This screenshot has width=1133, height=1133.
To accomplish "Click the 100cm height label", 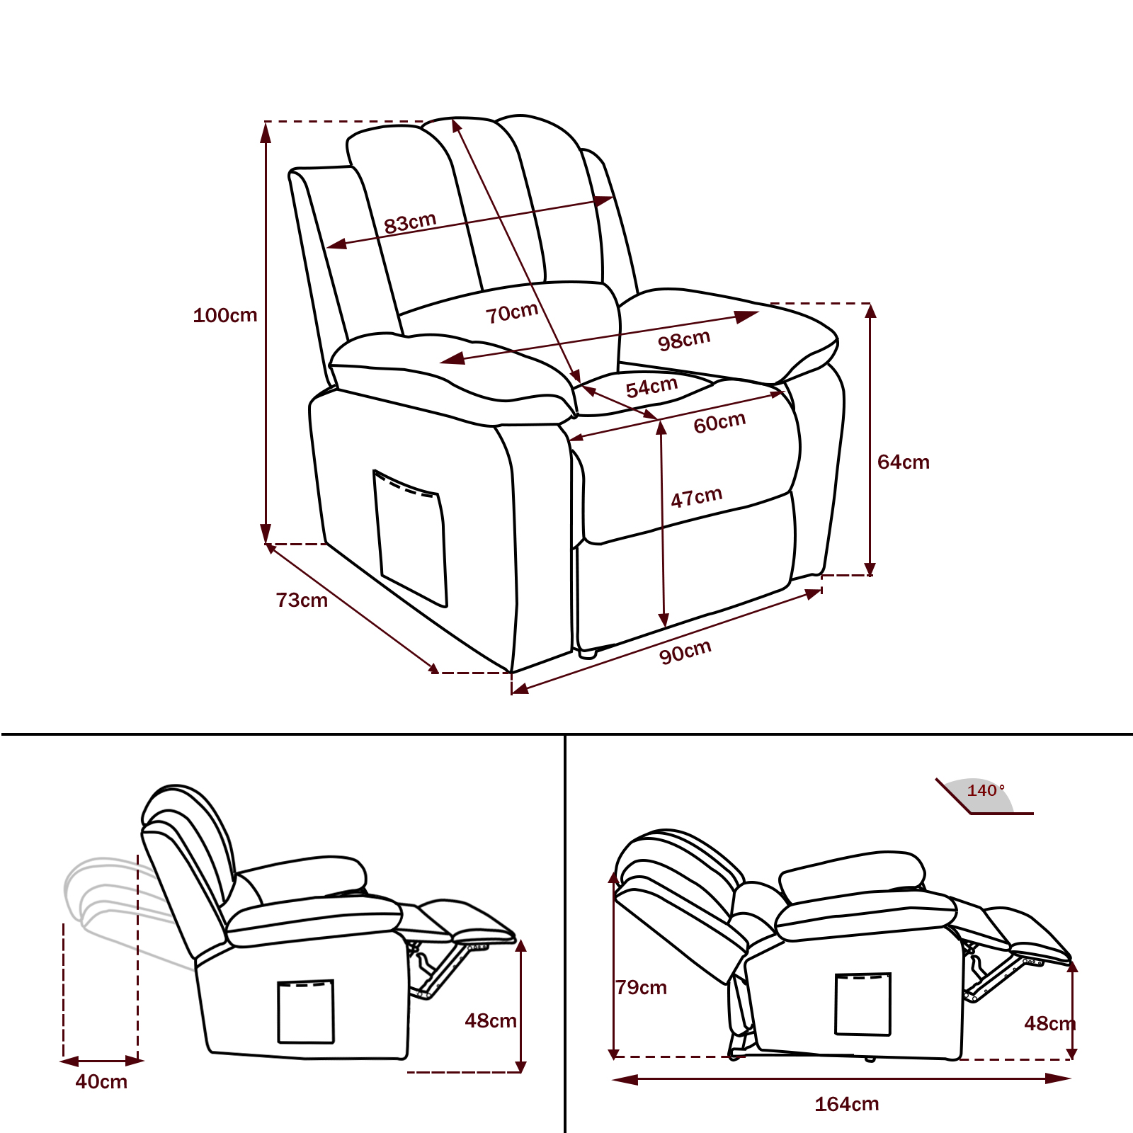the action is (x=225, y=315).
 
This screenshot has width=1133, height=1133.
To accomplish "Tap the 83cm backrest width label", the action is (x=410, y=222).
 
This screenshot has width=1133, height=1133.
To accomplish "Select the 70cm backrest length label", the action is (x=512, y=312).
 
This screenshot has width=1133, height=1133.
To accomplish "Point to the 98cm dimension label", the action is (x=684, y=340).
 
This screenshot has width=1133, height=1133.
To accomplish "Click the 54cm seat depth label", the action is (x=651, y=387).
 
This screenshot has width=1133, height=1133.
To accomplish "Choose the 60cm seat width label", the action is (x=719, y=423).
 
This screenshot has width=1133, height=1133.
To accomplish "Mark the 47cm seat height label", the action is (x=697, y=497).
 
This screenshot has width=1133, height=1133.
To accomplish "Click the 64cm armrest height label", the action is (x=904, y=462).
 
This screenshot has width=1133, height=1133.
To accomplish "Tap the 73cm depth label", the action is (x=302, y=600).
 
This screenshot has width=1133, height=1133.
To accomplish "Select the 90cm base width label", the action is (x=685, y=651).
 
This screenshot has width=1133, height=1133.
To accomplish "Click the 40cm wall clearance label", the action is (x=101, y=1082).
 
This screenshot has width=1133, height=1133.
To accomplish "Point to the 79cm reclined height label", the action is (x=641, y=987).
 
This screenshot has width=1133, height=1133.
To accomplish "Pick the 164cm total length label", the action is (x=847, y=1104).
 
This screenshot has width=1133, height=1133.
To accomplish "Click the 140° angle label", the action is (x=986, y=790).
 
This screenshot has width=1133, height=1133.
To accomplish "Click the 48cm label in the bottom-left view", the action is (x=491, y=1020).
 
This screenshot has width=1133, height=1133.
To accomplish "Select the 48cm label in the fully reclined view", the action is (x=1049, y=1023).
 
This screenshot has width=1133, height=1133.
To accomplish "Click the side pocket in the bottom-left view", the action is (x=306, y=1011).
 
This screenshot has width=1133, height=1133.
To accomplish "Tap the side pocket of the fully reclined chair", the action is (x=863, y=1004).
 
